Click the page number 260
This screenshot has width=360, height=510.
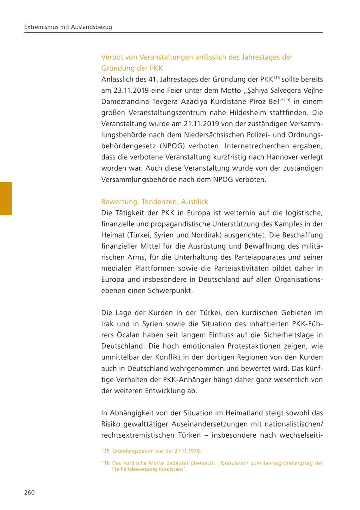[29, 492]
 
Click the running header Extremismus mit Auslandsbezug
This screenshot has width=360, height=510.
[68, 27]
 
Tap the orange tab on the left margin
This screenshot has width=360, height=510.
[6, 199]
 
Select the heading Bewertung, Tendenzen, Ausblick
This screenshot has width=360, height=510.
[155, 202]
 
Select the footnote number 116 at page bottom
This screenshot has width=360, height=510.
[106, 463]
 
